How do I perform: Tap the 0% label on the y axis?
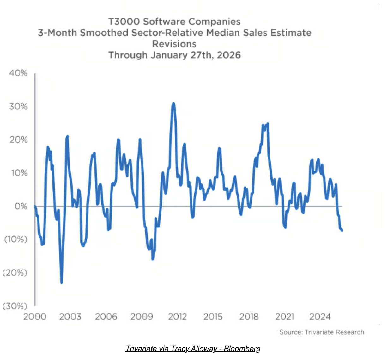(x=21, y=206)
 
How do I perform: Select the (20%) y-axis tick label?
(x=15, y=273)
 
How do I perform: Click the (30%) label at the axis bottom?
(x=15, y=306)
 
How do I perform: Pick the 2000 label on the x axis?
(x=35, y=317)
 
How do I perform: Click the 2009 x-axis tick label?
(x=142, y=317)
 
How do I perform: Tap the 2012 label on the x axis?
(x=177, y=317)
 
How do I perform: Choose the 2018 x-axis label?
(x=249, y=317)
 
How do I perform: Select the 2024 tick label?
(x=320, y=317)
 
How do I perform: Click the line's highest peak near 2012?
(x=173, y=103)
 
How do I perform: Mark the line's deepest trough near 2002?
(x=61, y=282)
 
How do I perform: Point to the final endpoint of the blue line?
(x=342, y=230)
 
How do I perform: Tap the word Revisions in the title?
(x=174, y=44)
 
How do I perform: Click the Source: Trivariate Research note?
(x=322, y=332)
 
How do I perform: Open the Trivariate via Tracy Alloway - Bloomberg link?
(x=193, y=349)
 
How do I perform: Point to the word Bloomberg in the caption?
(x=242, y=349)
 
